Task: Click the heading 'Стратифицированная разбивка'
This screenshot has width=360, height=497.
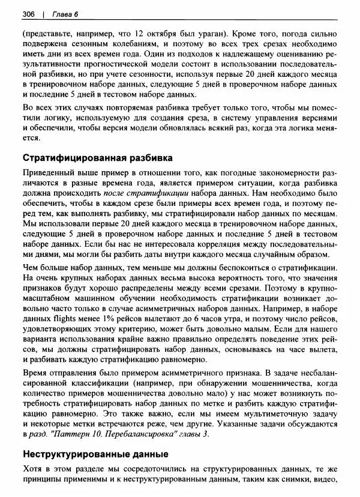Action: [x=97, y=158]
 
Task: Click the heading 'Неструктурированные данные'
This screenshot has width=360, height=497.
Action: [x=94, y=454]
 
